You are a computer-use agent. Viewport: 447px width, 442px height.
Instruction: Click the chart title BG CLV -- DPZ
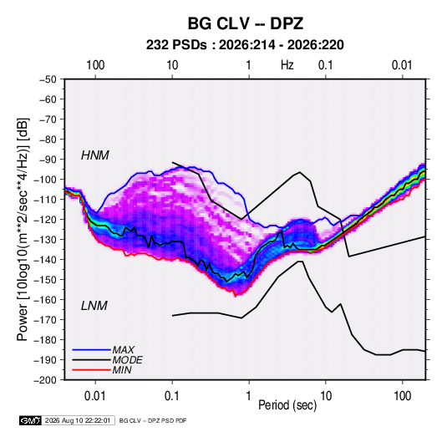(245, 23)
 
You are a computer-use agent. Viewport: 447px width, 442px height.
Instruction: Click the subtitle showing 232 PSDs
(245, 45)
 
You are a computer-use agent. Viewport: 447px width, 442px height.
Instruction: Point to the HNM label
(95, 155)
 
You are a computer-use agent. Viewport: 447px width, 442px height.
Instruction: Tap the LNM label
(94, 306)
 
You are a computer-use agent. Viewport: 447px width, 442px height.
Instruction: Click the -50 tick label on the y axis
(48, 79)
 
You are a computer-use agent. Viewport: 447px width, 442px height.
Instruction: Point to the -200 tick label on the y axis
(45, 380)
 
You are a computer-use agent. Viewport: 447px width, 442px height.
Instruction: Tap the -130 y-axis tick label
(45, 240)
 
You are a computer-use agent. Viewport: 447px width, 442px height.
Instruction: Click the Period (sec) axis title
(287, 405)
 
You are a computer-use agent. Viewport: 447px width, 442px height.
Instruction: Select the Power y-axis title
(23, 230)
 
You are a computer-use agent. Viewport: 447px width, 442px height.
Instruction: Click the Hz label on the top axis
(287, 65)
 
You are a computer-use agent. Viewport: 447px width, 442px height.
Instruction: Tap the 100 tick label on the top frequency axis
(95, 65)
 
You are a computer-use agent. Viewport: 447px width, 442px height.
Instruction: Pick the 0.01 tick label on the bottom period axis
(95, 396)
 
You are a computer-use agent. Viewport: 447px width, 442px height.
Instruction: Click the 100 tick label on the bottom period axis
(402, 396)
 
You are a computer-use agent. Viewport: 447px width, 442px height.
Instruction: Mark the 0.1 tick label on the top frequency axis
(326, 65)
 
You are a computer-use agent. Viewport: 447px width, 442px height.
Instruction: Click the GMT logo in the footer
(31, 420)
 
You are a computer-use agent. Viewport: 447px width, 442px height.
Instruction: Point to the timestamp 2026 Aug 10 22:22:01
(78, 420)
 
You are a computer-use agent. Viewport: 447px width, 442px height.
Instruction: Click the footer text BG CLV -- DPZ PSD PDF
(153, 420)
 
